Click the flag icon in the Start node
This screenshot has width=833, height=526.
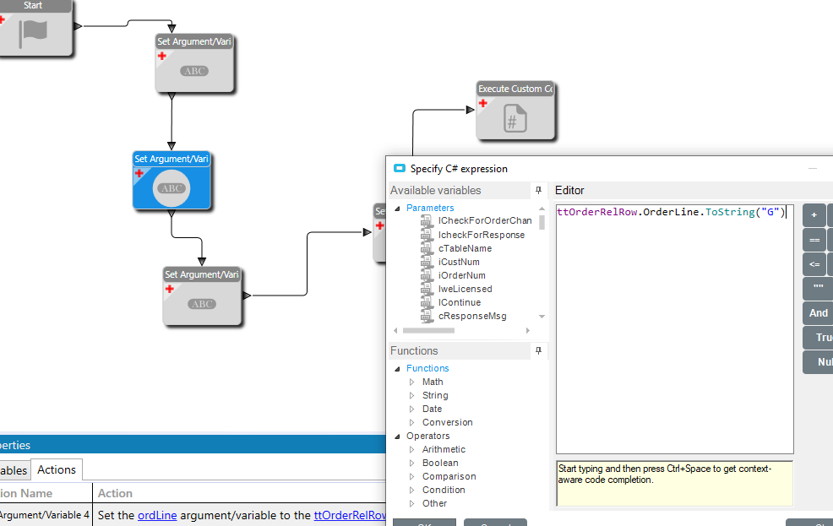[x=35, y=32]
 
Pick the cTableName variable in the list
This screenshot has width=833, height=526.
[x=465, y=248]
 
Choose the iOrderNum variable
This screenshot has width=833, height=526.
[x=462, y=275]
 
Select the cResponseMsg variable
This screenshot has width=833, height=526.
[x=472, y=316]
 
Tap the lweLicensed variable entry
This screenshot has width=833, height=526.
[x=465, y=289]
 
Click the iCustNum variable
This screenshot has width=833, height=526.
[x=459, y=262]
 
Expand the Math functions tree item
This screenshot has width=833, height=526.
[x=433, y=382]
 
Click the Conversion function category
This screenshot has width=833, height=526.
[x=447, y=422]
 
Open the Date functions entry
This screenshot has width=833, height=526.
[x=432, y=409]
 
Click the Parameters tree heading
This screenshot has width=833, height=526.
[x=430, y=208]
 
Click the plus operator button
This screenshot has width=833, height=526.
[x=814, y=215]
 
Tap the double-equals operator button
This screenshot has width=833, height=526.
[x=814, y=240]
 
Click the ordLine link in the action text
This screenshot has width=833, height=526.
[x=156, y=515]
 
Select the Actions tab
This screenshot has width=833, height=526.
[x=57, y=469]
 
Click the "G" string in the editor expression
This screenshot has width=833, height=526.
[x=770, y=212]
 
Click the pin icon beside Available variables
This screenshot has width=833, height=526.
[x=538, y=190]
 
